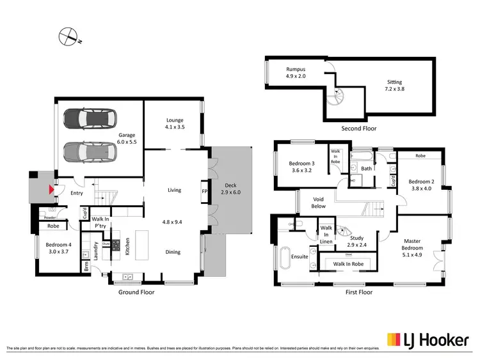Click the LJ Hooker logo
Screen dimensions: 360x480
(x=426, y=340)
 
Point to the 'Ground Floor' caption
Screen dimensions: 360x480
(x=136, y=292)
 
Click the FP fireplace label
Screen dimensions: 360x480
(x=205, y=191)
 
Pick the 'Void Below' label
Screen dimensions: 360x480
(x=319, y=203)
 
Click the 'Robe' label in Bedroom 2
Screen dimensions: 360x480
(x=420, y=155)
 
